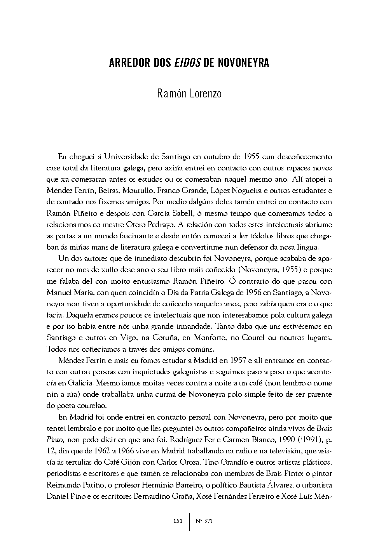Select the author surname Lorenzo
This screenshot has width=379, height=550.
point(205,94)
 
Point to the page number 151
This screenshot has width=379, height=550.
point(178,521)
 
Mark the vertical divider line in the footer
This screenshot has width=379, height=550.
point(189,521)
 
